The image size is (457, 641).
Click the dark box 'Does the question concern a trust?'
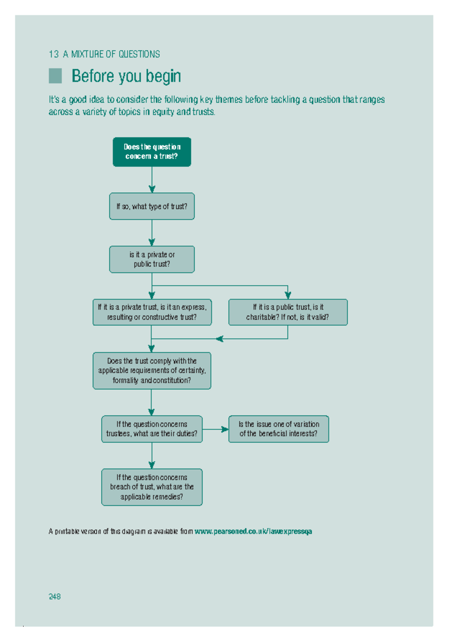[152, 152]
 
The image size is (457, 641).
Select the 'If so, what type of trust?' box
[152, 206]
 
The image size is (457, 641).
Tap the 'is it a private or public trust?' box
[152, 259]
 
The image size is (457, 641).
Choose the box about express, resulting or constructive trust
[152, 312]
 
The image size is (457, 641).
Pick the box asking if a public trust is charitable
[288, 312]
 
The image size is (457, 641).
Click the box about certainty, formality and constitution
[152, 371]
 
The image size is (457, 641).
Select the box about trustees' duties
[152, 429]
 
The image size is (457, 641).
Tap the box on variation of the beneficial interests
[278, 429]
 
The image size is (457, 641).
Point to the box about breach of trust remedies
[152, 487]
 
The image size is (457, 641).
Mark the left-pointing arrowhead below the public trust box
[219, 339]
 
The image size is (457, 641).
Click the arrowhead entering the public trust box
[288, 295]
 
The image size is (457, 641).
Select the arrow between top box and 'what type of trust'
[152, 180]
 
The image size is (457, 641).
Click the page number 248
[54, 596]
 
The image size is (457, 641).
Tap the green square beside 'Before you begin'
[55, 76]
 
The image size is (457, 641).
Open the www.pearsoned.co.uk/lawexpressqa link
[253, 531]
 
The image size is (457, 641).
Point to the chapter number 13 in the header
[53, 54]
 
